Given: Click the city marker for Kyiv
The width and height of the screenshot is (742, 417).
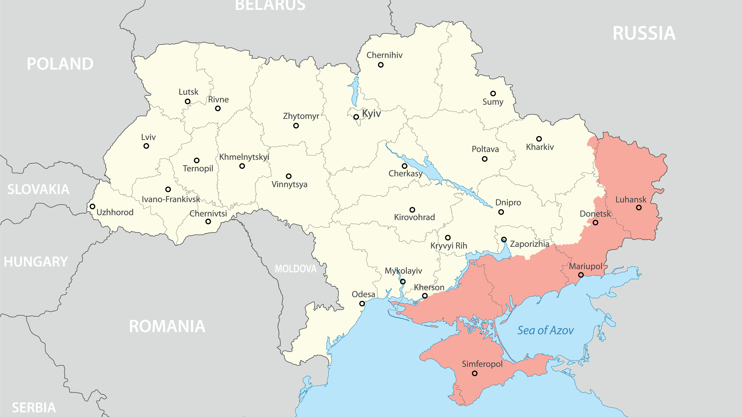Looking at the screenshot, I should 356,117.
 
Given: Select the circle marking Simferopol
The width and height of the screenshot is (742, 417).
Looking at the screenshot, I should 475,373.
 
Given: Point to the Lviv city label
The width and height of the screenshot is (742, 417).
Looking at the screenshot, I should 148,137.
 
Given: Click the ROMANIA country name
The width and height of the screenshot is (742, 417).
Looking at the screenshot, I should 167,326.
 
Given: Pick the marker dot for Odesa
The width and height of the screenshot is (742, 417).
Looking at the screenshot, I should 362,304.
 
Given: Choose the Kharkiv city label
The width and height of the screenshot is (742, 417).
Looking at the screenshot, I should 540,147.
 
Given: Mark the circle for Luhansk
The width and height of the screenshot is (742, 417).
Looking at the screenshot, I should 639,207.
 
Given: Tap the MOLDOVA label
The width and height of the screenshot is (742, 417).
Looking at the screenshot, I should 296,269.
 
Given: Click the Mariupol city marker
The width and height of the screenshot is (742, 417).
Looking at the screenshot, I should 581,275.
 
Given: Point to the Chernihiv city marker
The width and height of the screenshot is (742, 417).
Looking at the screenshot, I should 381,65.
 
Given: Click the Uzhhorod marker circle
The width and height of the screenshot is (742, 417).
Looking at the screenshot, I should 92,206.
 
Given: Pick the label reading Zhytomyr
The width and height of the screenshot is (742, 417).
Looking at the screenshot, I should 301,116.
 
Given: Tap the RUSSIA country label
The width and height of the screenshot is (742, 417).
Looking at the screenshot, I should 644,33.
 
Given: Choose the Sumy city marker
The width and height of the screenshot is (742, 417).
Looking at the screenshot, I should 493,94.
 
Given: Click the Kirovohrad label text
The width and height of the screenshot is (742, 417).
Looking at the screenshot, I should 415,217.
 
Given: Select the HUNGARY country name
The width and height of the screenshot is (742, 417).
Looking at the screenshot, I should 36,262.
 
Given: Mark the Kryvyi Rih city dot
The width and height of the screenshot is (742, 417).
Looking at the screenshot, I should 448,237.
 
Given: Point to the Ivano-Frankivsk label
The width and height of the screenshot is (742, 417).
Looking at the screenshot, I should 171,199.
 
